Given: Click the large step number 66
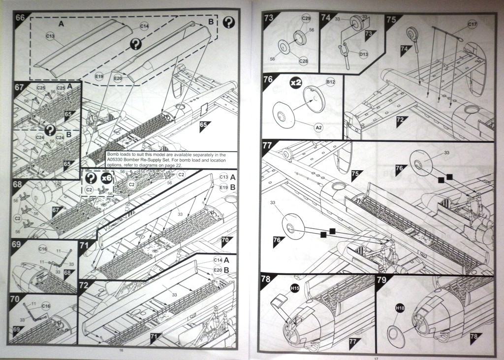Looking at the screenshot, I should [20, 17].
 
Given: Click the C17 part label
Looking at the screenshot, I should [472, 24].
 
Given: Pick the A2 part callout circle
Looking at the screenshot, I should [319, 127].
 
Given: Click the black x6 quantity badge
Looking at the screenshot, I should [106, 178].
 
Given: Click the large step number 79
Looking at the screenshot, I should [381, 279].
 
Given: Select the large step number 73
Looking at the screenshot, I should [269, 17].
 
